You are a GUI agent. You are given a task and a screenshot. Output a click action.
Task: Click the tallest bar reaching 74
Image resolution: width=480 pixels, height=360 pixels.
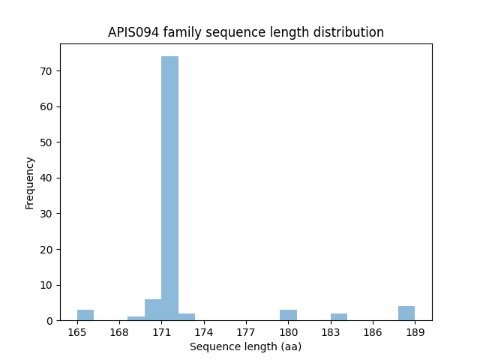click(169, 187)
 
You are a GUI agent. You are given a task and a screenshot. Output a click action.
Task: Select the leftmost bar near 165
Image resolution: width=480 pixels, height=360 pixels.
click(85, 315)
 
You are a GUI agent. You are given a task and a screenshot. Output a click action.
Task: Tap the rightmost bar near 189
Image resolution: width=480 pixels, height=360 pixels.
click(406, 313)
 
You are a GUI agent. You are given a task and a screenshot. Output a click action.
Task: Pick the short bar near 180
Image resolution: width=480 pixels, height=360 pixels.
click(288, 315)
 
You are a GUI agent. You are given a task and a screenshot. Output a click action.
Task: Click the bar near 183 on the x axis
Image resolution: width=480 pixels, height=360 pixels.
click(339, 316)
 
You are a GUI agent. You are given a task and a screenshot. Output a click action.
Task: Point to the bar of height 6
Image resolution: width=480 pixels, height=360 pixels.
click(153, 310)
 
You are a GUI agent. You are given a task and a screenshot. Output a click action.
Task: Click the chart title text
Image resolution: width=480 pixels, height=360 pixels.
click(246, 32)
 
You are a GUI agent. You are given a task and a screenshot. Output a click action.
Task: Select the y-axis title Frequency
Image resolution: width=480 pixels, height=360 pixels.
click(30, 182)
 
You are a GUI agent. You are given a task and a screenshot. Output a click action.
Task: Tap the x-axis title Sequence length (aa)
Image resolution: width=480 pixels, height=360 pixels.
click(245, 346)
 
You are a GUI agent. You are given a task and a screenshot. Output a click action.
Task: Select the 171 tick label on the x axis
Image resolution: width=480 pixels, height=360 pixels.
click(161, 331)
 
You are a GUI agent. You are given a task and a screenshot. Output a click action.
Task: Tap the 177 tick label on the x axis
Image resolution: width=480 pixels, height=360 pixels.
click(246, 331)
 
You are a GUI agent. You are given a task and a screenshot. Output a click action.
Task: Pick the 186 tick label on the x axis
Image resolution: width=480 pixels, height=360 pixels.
click(373, 331)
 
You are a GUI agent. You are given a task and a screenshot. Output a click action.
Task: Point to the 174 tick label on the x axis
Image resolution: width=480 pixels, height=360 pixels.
click(204, 331)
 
